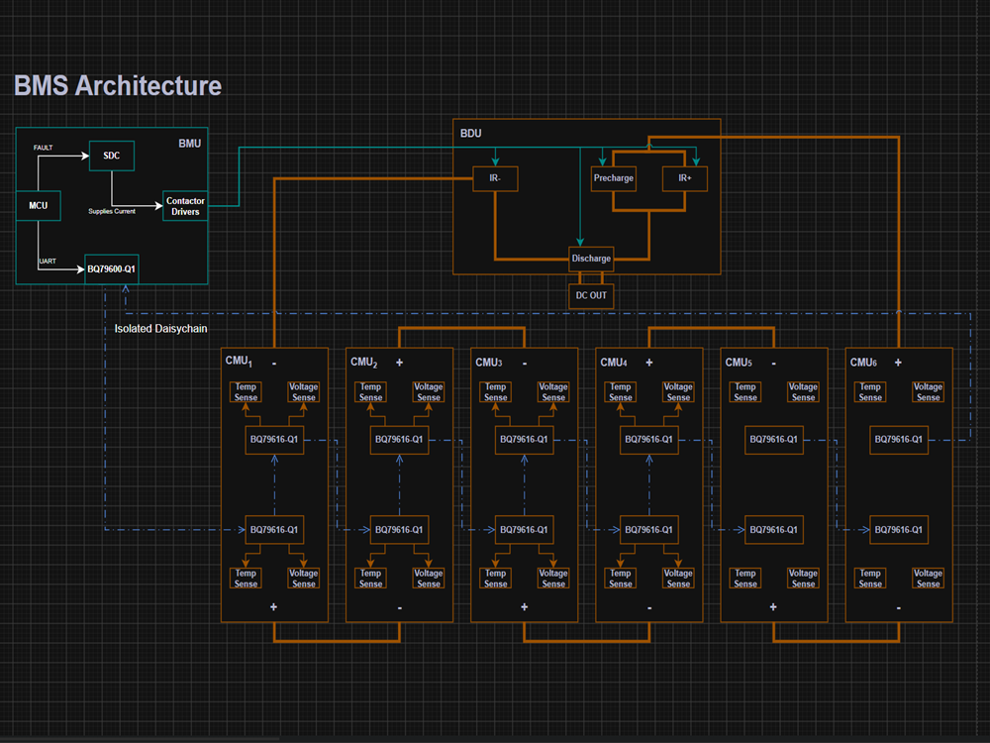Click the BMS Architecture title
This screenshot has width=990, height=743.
pos(118,86)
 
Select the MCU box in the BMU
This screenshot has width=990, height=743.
pos(38,205)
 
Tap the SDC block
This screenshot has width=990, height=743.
pos(112,156)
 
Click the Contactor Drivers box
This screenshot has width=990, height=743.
pos(185,206)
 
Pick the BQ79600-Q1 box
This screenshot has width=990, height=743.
pos(112,269)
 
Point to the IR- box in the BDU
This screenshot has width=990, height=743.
pos(495,178)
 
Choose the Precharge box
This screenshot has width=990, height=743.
pos(613,178)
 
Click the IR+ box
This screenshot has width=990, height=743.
pos(684,178)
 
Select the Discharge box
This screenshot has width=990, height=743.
pos(591,259)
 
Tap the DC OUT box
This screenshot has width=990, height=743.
pos(591,295)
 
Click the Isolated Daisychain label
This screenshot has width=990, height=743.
pos(160,329)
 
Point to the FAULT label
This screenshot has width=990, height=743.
pos(43,148)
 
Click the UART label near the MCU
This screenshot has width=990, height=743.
pos(48,261)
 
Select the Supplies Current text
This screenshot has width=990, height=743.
pos(112,211)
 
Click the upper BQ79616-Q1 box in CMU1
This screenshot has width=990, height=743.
pos(274,440)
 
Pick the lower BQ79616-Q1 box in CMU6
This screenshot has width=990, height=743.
pos(899,530)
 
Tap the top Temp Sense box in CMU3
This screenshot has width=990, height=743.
pos(496,391)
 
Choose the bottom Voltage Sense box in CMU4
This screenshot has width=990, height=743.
pos(678,579)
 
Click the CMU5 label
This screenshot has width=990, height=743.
pos(739,363)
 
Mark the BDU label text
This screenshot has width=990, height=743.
pos(471,134)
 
